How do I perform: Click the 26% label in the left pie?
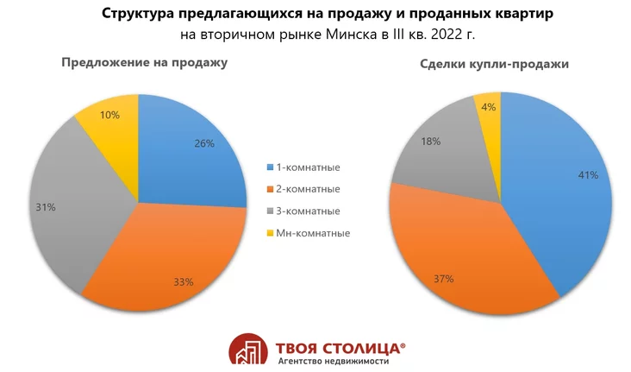point(204,143)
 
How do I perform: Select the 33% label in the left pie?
point(183,281)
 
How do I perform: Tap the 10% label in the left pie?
point(109,114)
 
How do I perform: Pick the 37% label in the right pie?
point(444,278)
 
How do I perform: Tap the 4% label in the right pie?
point(489,108)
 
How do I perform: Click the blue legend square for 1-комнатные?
point(270,167)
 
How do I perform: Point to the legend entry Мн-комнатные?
point(313,233)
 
